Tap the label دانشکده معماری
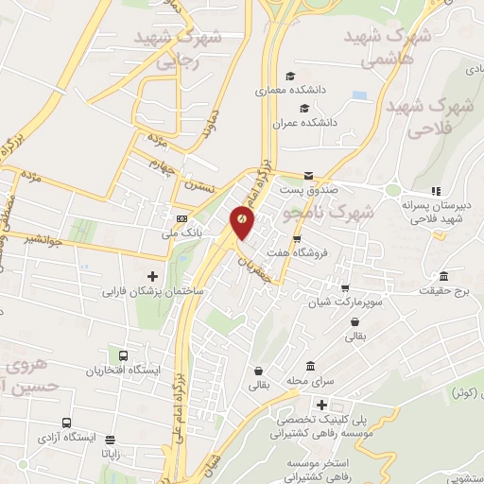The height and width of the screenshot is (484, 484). tap(289, 93)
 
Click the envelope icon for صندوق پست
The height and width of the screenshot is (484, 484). tap(308, 176)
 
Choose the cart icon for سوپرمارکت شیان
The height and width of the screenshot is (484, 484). tap(345, 288)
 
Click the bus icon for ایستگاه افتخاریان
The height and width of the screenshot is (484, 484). tap(125, 356)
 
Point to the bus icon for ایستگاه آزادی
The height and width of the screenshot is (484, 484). tap(65, 423)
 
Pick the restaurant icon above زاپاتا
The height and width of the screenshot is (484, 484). tap(111, 440)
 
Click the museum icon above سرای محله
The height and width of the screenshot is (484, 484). tap(310, 367)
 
